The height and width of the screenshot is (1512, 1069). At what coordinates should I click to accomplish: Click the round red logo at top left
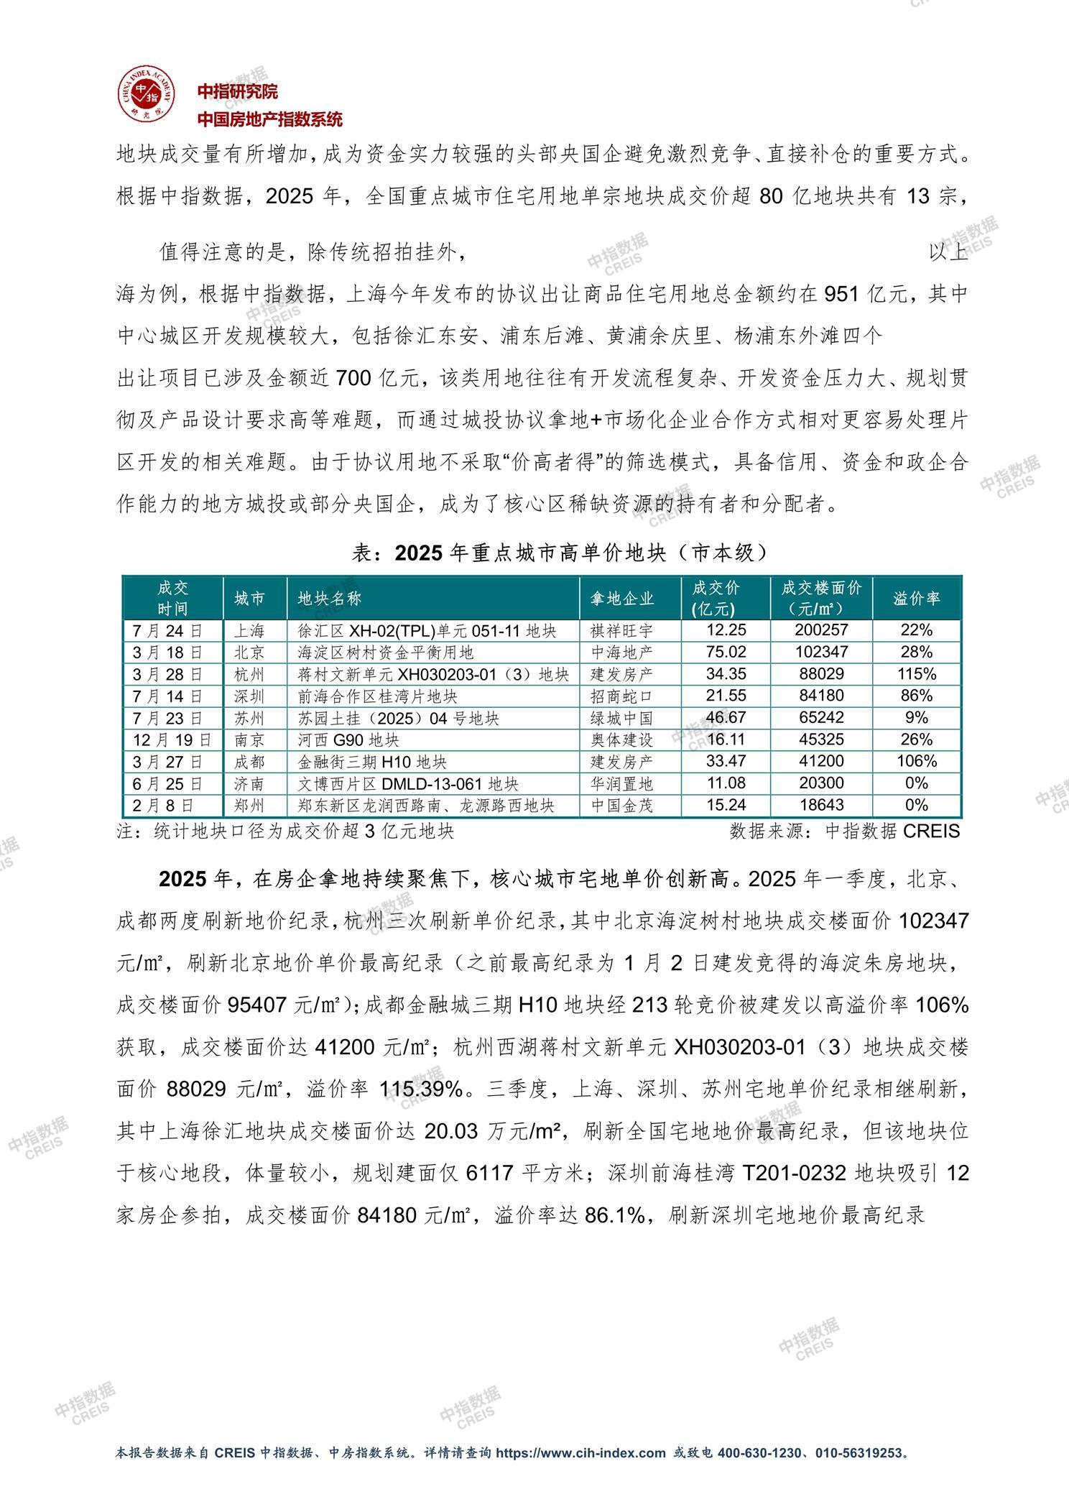click(147, 93)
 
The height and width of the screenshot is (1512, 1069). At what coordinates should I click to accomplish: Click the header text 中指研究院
click(238, 91)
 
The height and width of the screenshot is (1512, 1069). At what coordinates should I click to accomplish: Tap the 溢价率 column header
click(916, 598)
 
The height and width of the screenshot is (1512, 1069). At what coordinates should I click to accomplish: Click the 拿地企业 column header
click(622, 598)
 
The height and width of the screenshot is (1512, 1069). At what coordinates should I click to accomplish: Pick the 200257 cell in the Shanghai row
click(820, 630)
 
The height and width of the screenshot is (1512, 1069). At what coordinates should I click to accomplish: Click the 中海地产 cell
click(622, 653)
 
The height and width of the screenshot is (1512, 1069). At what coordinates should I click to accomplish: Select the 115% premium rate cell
click(916, 674)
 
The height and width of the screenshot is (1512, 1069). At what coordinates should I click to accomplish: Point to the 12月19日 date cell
click(172, 739)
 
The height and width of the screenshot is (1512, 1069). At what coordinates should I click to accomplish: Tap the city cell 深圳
click(249, 696)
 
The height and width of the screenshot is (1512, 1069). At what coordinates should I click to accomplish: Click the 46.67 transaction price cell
click(726, 718)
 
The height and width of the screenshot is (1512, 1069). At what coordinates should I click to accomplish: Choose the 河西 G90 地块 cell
click(348, 739)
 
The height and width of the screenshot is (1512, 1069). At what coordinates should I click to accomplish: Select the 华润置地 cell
click(622, 783)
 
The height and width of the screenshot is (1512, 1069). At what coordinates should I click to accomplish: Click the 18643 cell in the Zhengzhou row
click(820, 805)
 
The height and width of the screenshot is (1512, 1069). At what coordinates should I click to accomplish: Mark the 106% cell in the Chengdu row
click(916, 761)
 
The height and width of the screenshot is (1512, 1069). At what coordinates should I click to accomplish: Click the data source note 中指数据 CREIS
click(845, 831)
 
